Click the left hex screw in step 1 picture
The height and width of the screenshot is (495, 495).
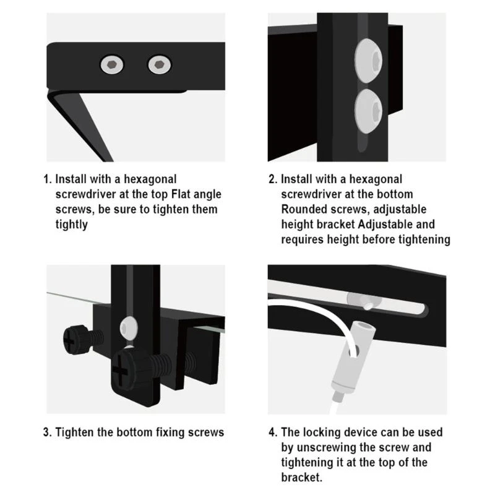pos(111,63)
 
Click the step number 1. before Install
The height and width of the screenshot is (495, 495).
pos(48,179)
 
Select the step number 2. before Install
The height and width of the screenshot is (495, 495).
pos(273,179)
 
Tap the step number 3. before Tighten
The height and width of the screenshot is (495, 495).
pos(48,432)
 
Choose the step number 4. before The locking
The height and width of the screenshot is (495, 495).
pos(273,432)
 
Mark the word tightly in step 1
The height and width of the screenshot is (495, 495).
pos(71,224)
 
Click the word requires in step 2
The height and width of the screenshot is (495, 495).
pos(304,239)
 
